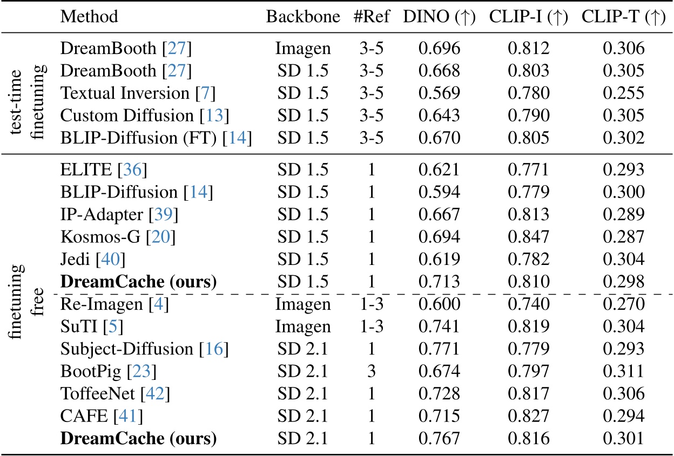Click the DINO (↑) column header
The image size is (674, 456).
click(x=439, y=17)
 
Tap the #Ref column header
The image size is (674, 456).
click(x=371, y=17)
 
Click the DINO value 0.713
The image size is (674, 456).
click(x=439, y=282)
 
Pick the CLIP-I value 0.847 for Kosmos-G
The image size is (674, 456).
click(x=528, y=238)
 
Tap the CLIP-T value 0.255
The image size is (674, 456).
click(x=624, y=93)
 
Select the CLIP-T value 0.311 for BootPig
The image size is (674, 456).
click(x=624, y=371)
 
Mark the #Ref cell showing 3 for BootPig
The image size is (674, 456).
click(x=371, y=371)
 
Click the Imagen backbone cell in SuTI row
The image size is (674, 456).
click(x=302, y=326)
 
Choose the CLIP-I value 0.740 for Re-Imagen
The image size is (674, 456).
click(x=528, y=304)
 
